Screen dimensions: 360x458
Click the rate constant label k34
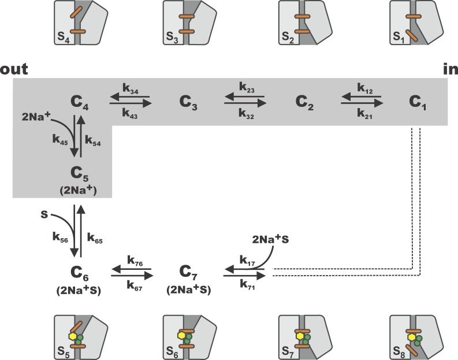(130, 88)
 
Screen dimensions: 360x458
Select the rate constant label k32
(245, 115)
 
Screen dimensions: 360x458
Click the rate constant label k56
(60, 237)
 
